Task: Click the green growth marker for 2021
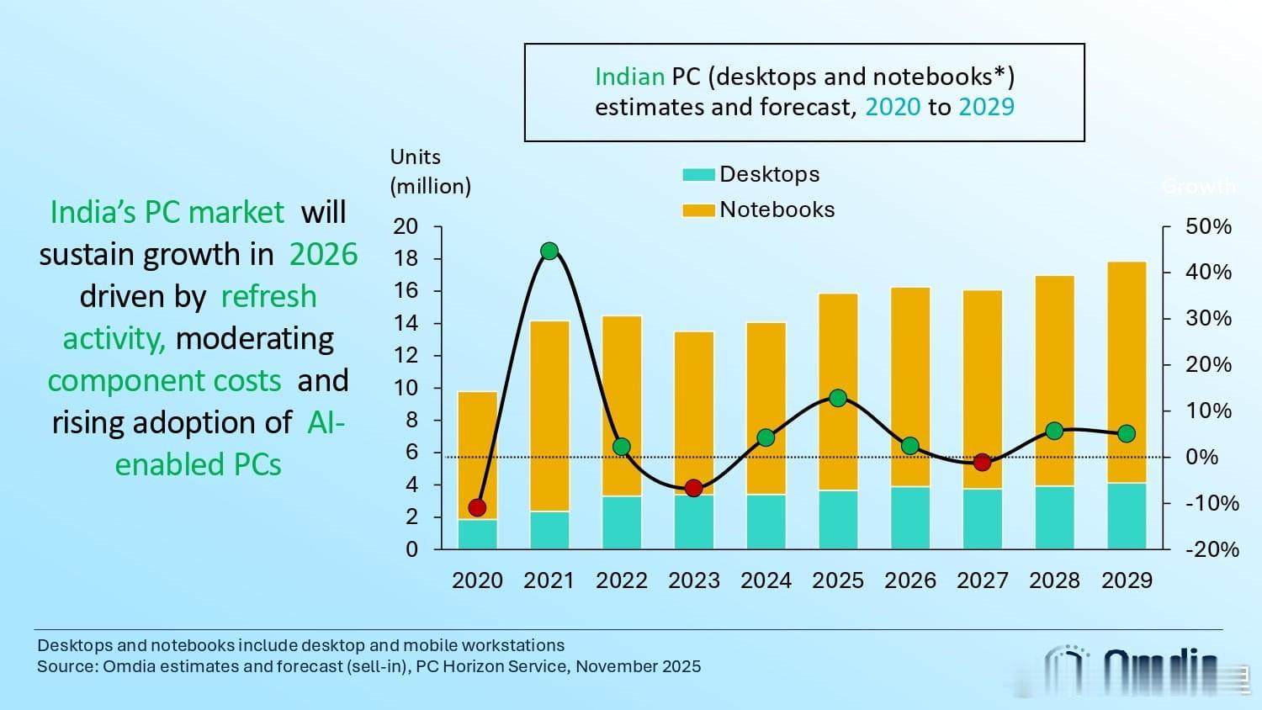pos(549,251)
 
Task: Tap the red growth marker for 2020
pos(477,507)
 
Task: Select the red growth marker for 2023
pos(693,488)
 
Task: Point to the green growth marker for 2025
pos(838,398)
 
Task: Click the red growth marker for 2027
pos(982,462)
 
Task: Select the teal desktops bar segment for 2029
pos(1127,516)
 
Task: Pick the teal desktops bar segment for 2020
pos(477,534)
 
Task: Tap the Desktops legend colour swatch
pos(698,175)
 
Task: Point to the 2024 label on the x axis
pos(766,580)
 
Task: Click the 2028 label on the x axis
pos(1054,580)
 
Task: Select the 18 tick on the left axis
pos(406,258)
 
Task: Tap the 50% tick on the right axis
pos(1208,226)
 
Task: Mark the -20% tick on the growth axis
pos(1212,549)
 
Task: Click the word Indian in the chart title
pos(629,77)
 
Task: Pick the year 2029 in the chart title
pos(986,107)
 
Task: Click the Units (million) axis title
pos(430,172)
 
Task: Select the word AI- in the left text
pos(326,422)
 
